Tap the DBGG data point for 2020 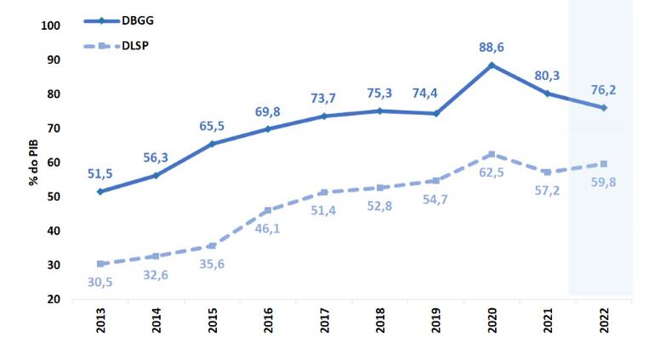coord(492,65)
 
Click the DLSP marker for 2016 coord(268,210)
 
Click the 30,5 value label coord(100,281)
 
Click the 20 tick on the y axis coord(54,300)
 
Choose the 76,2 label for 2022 coord(604,89)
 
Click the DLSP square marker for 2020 coord(492,154)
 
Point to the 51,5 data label coord(100,174)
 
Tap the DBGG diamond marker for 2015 coord(212,144)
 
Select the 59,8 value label coord(604,180)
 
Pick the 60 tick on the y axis coord(54,163)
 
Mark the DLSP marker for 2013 coord(100,264)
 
